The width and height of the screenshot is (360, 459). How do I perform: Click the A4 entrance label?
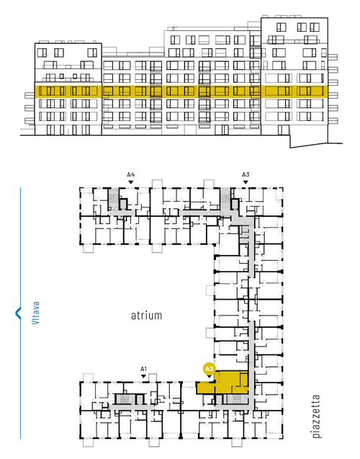click(x=131, y=175)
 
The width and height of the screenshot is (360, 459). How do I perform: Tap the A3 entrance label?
click(x=246, y=175)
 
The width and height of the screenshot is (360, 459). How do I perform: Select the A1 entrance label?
click(x=143, y=369)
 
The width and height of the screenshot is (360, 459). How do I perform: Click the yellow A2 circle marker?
click(x=209, y=369)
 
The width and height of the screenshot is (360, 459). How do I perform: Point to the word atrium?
click(x=146, y=316)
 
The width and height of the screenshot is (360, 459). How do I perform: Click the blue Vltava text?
click(x=35, y=313)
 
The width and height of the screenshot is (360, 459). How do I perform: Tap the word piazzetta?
click(x=316, y=416)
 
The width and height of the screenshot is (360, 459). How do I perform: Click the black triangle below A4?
click(x=131, y=182)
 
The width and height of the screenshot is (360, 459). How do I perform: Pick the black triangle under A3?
click(x=246, y=182)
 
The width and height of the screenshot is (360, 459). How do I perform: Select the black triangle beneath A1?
click(x=143, y=376)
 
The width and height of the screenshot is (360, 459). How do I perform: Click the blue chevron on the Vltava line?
click(x=18, y=313)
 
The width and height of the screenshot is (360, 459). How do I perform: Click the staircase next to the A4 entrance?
click(x=113, y=199)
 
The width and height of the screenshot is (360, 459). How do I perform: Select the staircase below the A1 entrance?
click(x=125, y=398)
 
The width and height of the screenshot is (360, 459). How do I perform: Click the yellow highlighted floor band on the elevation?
click(x=181, y=92)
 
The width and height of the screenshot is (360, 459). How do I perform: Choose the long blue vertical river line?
click(x=20, y=313)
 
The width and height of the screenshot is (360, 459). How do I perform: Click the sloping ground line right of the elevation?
click(x=316, y=145)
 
